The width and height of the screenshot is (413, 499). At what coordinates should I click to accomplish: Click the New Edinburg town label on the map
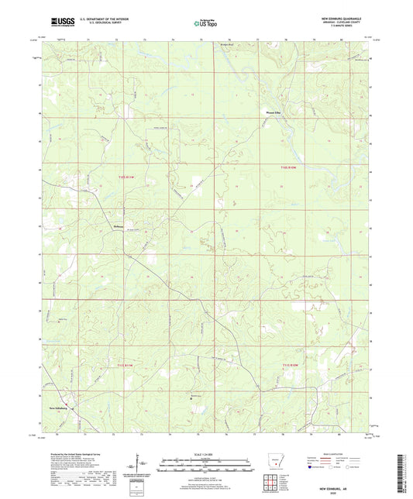pos(60,407)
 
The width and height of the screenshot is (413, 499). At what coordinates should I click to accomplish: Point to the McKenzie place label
pos(114,225)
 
